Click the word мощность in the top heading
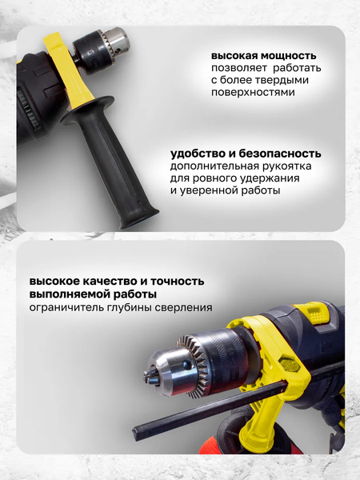click(x=289, y=56)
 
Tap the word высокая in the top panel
click(x=234, y=56)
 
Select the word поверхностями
click(x=253, y=92)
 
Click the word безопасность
click(x=280, y=154)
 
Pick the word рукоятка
click(x=288, y=166)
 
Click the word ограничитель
click(x=66, y=307)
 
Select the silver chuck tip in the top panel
click(x=118, y=39)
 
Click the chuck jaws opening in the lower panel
click(x=150, y=377)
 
